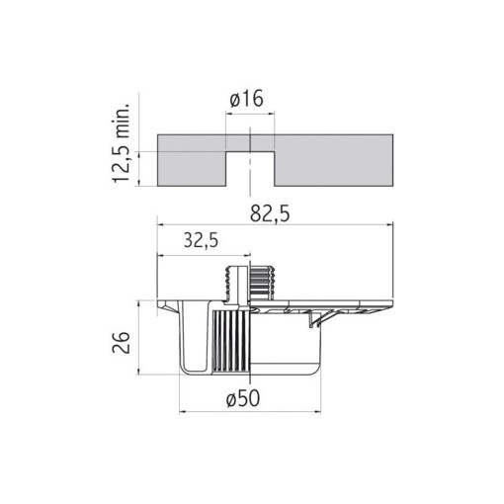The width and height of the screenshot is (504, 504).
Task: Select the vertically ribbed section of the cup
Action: (230, 341)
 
